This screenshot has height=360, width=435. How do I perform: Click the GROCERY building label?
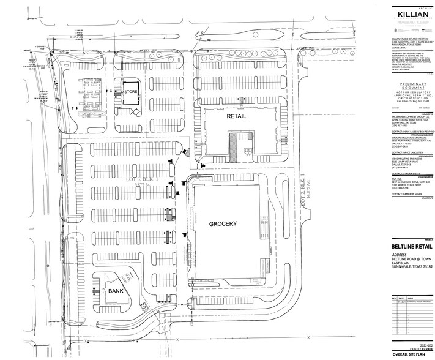pos(222,225)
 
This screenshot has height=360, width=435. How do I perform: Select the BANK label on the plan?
pos(117,291)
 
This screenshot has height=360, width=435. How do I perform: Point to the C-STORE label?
pos(130,92)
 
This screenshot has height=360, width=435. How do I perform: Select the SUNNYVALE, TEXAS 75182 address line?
pos(407,267)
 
